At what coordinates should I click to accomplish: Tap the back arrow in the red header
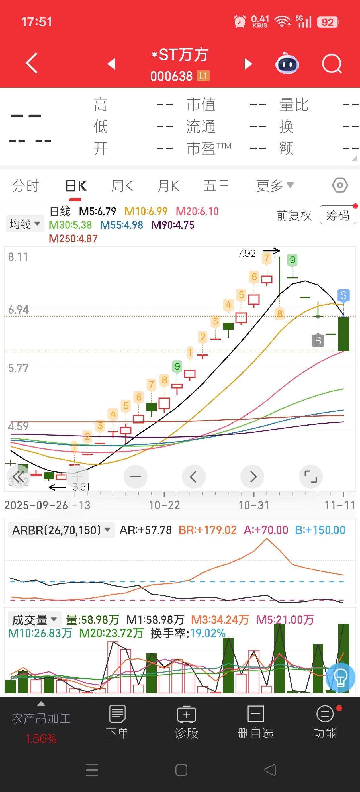(32, 63)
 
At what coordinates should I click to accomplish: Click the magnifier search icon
(332, 64)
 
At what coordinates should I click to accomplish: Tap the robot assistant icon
(287, 64)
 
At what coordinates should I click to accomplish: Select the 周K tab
(122, 186)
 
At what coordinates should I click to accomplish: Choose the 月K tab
(168, 186)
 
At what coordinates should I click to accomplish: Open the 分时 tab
(26, 186)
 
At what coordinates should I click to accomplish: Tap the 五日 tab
(216, 186)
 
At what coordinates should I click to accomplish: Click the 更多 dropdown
(275, 185)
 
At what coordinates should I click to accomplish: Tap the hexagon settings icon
(340, 185)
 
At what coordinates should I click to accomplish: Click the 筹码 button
(337, 215)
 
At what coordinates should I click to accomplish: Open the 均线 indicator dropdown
(25, 224)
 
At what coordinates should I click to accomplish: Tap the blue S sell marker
(343, 295)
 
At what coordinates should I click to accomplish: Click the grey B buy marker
(318, 340)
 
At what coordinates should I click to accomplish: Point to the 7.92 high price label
(247, 253)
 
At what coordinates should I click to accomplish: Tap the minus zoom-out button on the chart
(135, 477)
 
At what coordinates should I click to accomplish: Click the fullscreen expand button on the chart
(310, 477)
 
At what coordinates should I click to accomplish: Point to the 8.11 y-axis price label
(18, 257)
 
